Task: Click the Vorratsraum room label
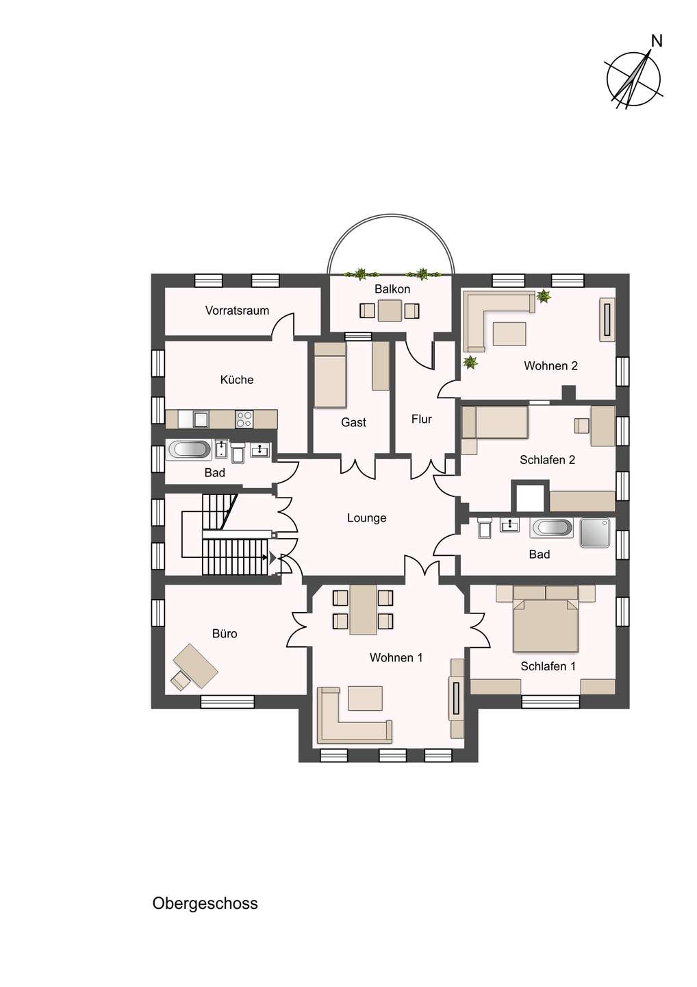(237, 310)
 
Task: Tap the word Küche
(237, 380)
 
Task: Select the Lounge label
(366, 517)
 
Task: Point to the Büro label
(225, 633)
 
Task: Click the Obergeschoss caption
(205, 903)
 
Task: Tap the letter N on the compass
(657, 41)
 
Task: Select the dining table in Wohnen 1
(363, 610)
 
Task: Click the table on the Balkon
(390, 310)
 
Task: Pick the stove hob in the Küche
(244, 419)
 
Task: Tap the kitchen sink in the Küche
(201, 419)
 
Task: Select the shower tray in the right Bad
(595, 533)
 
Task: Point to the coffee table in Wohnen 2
(509, 334)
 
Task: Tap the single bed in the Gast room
(330, 375)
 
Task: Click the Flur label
(422, 419)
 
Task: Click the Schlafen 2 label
(547, 460)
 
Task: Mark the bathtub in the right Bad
(552, 528)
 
